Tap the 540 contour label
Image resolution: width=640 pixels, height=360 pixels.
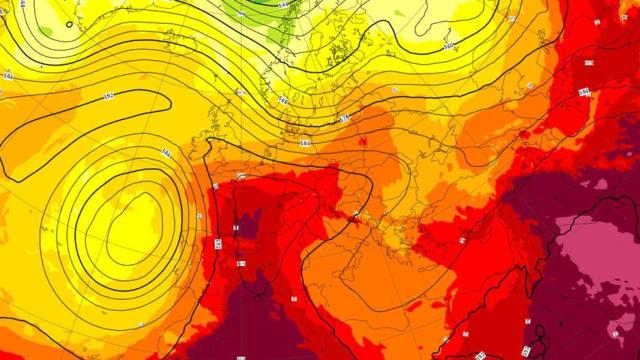click(x=449, y=47)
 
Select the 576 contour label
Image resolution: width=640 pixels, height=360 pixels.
click(x=345, y=117)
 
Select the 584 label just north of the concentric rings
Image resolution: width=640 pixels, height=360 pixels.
click(x=167, y=152)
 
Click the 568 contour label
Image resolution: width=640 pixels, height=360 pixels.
click(x=283, y=100)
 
